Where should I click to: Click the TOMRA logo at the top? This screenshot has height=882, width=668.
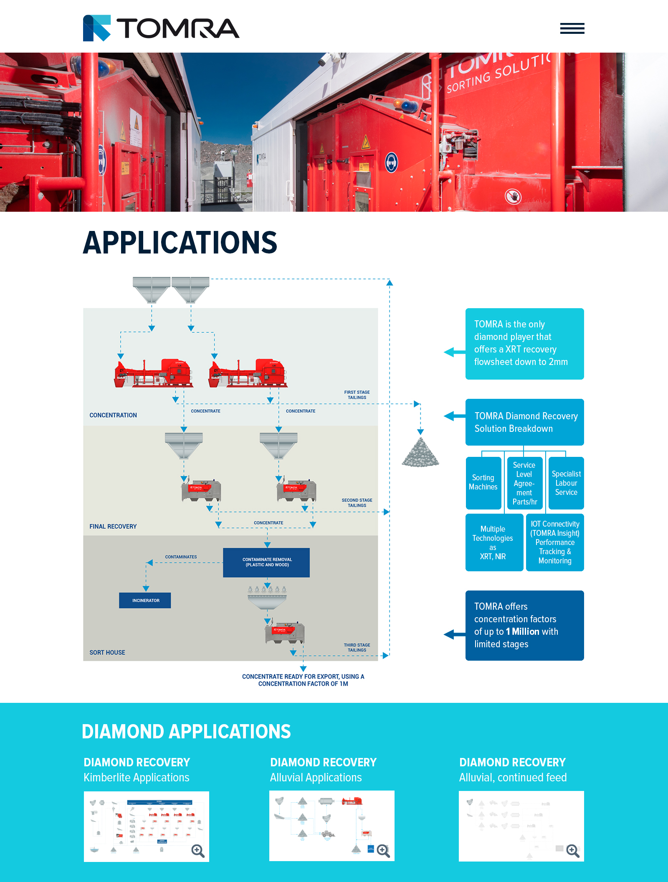pyautogui.click(x=161, y=28)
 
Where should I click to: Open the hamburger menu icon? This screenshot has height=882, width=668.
pyautogui.click(x=572, y=28)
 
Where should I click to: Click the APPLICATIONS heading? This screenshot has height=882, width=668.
pyautogui.click(x=180, y=243)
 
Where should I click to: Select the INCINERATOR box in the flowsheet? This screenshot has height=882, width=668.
pyautogui.click(x=145, y=601)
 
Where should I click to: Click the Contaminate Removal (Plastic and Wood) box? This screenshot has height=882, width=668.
pyautogui.click(x=267, y=563)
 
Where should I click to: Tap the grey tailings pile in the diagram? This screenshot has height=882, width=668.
pyautogui.click(x=420, y=454)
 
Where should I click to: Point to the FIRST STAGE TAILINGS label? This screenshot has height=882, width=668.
pyautogui.click(x=357, y=395)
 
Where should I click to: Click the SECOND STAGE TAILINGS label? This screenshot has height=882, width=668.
pyautogui.click(x=357, y=503)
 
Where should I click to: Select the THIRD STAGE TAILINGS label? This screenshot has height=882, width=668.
pyautogui.click(x=357, y=648)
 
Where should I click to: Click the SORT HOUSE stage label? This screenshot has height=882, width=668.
pyautogui.click(x=107, y=653)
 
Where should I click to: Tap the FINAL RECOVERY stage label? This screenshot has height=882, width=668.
pyautogui.click(x=113, y=527)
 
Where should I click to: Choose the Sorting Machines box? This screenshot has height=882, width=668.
pyautogui.click(x=483, y=483)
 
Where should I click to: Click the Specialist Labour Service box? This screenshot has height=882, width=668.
pyautogui.click(x=566, y=483)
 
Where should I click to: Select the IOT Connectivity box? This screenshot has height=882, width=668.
pyautogui.click(x=555, y=542)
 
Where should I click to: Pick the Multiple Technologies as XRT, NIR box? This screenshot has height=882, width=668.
pyautogui.click(x=493, y=542)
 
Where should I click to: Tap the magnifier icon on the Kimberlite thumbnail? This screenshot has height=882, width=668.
pyautogui.click(x=198, y=851)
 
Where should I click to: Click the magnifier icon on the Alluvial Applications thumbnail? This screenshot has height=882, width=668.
pyautogui.click(x=383, y=851)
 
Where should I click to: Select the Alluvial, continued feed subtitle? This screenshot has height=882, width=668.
pyautogui.click(x=513, y=778)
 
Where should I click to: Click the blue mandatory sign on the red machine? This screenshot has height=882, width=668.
pyautogui.click(x=391, y=162)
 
